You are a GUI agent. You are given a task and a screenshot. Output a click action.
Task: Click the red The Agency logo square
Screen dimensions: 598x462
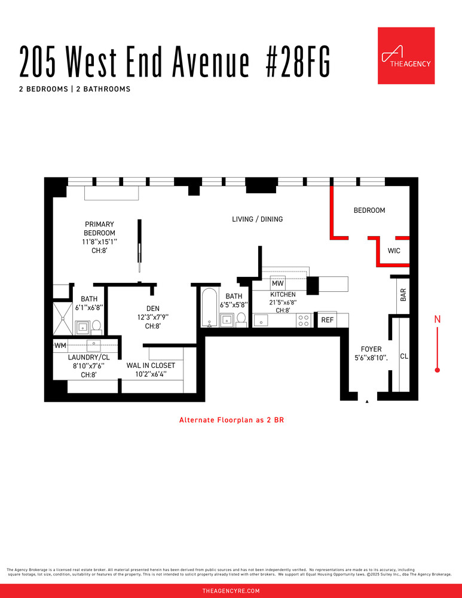[406, 56]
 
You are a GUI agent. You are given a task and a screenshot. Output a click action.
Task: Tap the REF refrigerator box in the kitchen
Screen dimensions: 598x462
[327, 321]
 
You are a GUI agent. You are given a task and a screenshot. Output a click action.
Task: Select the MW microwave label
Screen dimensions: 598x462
[277, 283]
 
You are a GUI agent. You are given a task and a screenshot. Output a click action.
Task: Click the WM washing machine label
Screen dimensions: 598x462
[60, 346]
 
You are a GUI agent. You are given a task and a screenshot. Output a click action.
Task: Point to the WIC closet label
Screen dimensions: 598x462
[394, 251]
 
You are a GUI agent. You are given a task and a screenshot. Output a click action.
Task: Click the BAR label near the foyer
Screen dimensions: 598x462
[403, 295]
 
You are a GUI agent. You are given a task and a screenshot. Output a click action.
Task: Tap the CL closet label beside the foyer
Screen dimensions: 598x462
[403, 356]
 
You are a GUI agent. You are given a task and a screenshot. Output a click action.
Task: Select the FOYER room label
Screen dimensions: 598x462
[371, 349]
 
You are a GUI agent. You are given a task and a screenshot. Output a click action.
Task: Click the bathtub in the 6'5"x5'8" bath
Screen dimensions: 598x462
[209, 308]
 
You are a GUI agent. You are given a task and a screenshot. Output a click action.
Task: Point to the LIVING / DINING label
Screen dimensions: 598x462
[257, 219]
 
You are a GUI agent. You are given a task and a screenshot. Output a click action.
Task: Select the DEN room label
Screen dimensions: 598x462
[152, 309]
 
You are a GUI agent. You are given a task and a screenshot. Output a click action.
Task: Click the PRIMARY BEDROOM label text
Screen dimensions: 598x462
[100, 228]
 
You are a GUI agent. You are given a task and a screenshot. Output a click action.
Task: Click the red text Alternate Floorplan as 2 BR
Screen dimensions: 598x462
[231, 420]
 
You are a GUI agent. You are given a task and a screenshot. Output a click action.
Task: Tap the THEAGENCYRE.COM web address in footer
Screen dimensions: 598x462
[231, 591]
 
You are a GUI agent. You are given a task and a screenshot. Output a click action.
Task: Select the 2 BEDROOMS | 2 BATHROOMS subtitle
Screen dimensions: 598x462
[75, 89]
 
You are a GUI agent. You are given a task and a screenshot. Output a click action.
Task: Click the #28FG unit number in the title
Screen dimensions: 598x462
[297, 61]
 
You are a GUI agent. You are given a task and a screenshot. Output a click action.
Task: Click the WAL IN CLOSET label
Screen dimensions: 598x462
[151, 365]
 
